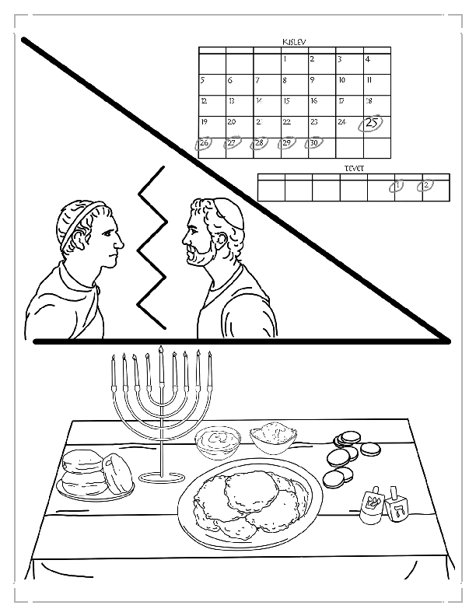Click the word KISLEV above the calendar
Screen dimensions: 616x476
295,41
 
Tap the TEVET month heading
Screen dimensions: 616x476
354,167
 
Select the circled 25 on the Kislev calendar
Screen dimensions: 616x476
372,123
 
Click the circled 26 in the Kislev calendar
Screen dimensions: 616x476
205,144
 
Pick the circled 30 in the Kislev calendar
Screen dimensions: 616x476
314,144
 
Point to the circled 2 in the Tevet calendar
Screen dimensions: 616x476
425,186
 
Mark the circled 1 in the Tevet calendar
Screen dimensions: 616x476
397,186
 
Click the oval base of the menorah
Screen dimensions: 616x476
161,477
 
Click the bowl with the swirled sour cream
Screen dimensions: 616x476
217,441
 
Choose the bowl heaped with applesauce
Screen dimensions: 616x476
275,434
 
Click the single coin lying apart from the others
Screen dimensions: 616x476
369,450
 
